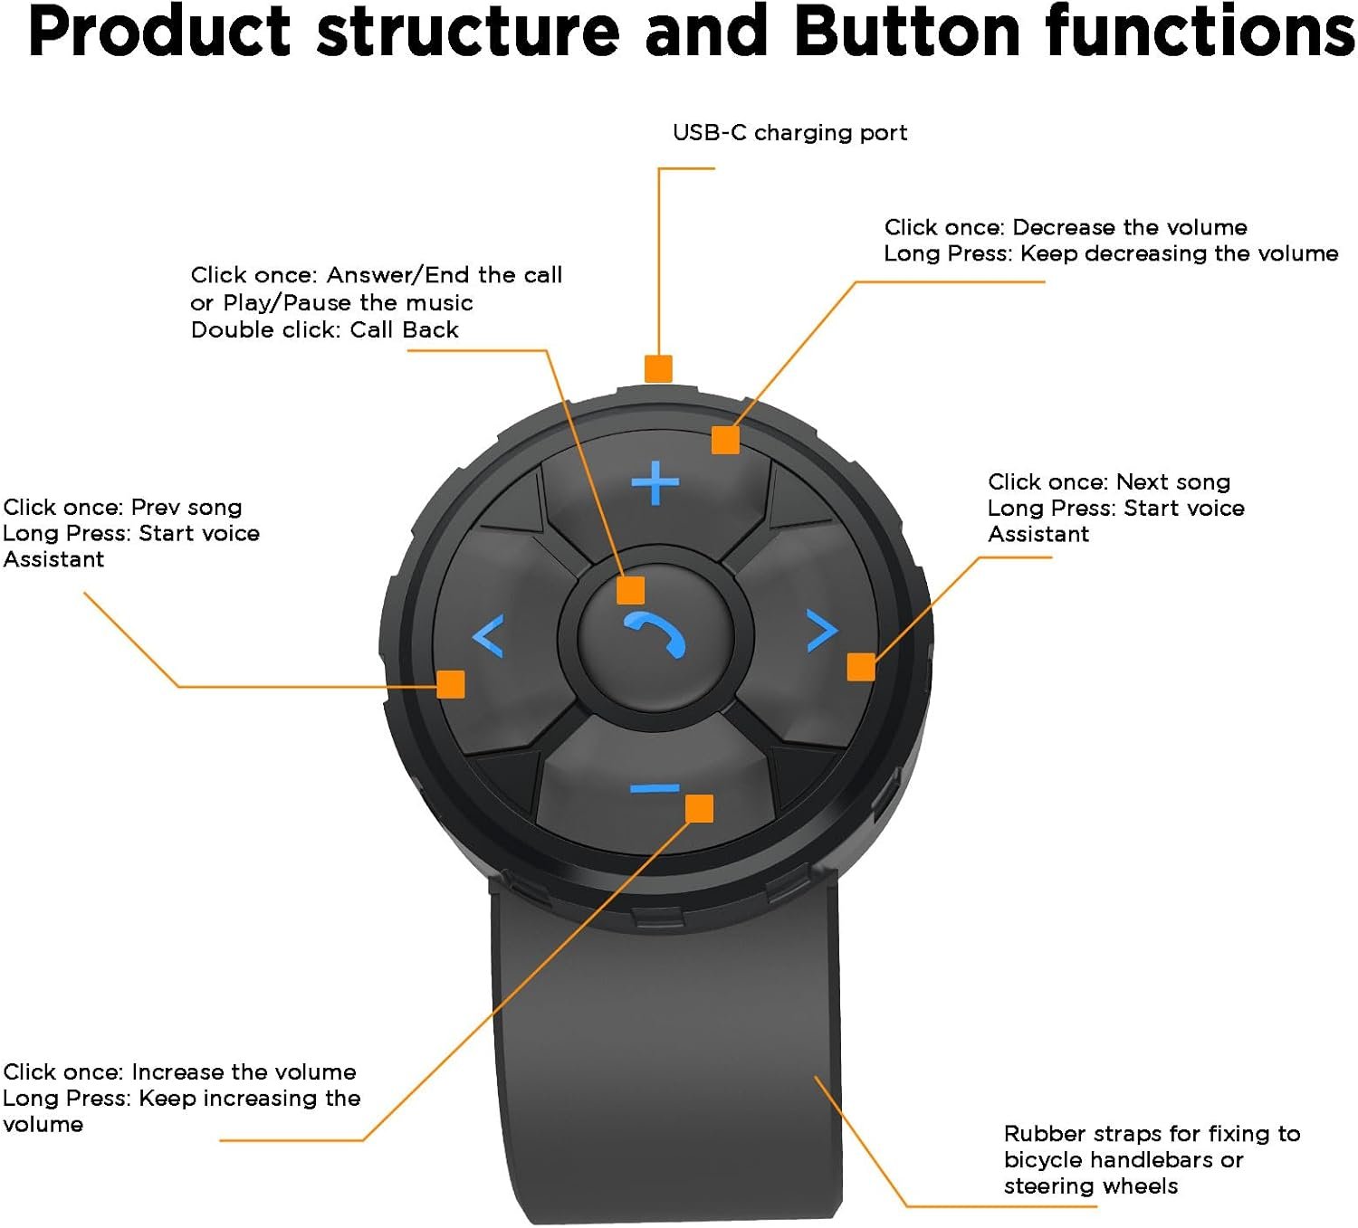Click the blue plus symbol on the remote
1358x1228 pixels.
click(x=655, y=482)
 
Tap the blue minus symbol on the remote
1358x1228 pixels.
click(x=654, y=790)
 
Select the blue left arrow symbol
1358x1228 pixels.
click(x=488, y=635)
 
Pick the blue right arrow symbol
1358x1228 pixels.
click(x=822, y=631)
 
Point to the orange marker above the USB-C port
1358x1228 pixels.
click(x=658, y=368)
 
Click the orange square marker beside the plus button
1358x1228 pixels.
click(x=725, y=440)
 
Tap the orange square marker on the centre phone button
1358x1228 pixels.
click(x=630, y=590)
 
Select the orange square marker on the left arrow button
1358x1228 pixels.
click(x=451, y=684)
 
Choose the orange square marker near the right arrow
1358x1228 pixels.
click(x=861, y=667)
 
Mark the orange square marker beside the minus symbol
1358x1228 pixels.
click(x=699, y=808)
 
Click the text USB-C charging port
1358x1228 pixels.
click(x=789, y=133)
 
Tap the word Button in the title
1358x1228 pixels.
click(x=910, y=32)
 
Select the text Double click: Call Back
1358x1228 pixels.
click(x=324, y=330)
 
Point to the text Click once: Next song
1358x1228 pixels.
click(x=1108, y=482)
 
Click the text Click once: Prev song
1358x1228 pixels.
click(x=122, y=508)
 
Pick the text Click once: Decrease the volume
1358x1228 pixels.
click(x=1065, y=227)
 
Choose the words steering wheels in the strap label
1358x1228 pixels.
click(x=1090, y=1186)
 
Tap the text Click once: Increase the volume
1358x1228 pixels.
click(x=179, y=1072)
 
